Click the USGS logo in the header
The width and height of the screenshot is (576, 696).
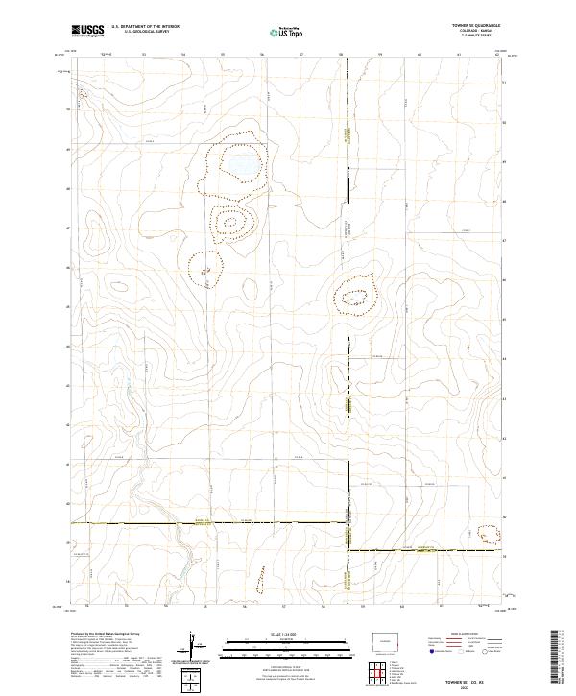pos(87,31)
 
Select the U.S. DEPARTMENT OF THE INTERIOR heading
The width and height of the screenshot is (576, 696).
pos(145,27)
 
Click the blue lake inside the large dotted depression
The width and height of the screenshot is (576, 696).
pos(238,165)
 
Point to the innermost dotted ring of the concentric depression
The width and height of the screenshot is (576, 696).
pos(230,225)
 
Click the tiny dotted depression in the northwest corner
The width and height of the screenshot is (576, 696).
pos(83,95)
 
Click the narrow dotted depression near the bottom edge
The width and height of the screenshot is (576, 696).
pos(259,579)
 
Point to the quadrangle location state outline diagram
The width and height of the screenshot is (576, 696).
pos(388,637)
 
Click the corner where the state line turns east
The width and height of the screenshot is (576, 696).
pos(348,549)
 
